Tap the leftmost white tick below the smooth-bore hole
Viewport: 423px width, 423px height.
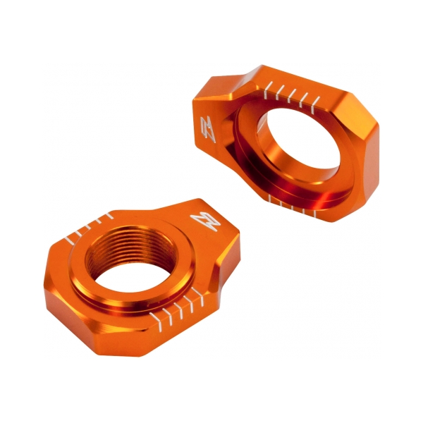(270, 202)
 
